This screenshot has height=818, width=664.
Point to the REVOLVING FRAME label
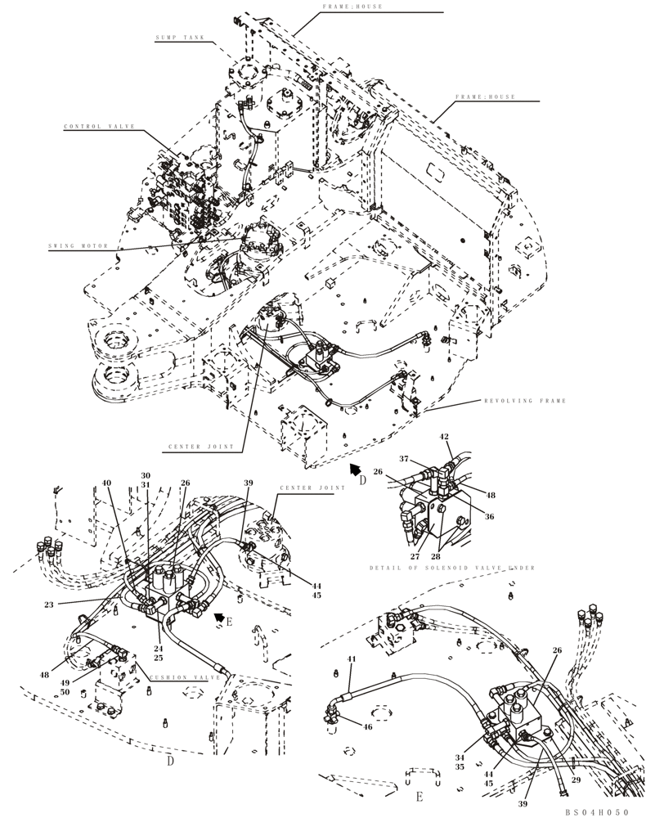tap(524, 401)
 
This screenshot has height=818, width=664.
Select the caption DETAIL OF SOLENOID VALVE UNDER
tap(451, 568)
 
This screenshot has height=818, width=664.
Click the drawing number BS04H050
tap(598, 812)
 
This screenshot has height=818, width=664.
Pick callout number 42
tap(444, 437)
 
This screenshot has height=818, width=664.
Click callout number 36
tap(490, 516)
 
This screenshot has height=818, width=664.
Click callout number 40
tap(107, 483)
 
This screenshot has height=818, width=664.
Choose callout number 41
tap(352, 659)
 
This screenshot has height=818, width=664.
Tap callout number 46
tap(367, 726)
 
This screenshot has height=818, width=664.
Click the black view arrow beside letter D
tap(354, 469)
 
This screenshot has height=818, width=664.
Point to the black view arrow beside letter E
tap(218, 617)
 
